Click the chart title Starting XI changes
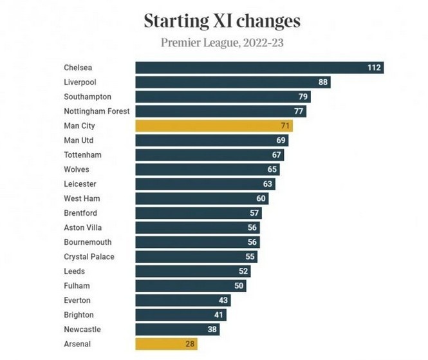pyautogui.click(x=221, y=21)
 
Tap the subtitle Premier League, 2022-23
pyautogui.click(x=221, y=44)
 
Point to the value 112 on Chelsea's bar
pyautogui.click(x=375, y=68)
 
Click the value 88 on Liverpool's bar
pyautogui.click(x=323, y=82)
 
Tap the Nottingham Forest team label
pyautogui.click(x=97, y=111)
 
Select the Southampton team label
pyautogui.click(x=88, y=97)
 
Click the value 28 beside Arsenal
pyautogui.click(x=190, y=344)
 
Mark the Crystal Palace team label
pyautogui.click(x=89, y=256)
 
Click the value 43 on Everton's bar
pyautogui.click(x=223, y=300)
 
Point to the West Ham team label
pyautogui.click(x=82, y=198)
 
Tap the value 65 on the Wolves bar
pyautogui.click(x=272, y=169)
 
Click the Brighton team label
pyautogui.click(x=79, y=315)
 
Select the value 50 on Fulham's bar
pyautogui.click(x=239, y=285)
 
